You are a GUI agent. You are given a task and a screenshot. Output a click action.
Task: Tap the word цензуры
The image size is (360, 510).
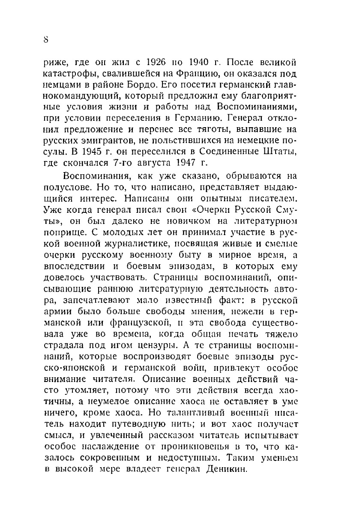tap(207, 346)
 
